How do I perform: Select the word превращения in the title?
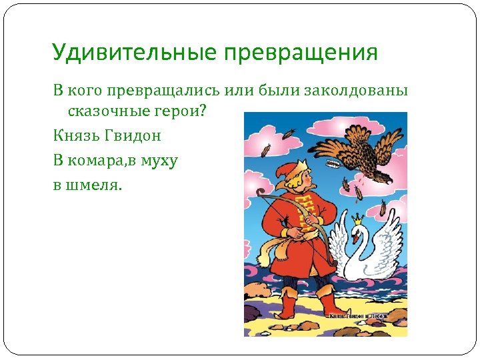301,53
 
